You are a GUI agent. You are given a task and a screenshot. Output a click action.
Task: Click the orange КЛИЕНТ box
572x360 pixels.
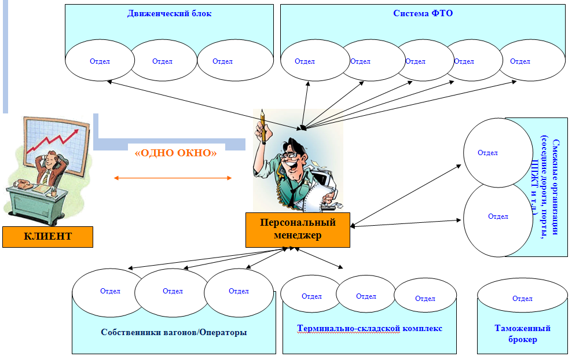47,236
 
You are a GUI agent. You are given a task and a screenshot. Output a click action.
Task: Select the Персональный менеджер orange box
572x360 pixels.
298,229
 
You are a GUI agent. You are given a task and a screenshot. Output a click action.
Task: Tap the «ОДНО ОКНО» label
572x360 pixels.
175,153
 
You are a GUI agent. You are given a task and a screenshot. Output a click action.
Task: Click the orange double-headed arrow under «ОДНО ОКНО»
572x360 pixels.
173,178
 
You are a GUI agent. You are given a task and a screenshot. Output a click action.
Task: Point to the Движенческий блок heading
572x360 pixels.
169,13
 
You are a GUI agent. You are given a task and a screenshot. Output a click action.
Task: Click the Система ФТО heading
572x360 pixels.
423,13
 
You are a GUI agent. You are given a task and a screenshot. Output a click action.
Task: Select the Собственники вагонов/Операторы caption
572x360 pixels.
174,332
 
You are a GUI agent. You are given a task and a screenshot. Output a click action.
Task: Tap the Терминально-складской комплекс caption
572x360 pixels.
369,328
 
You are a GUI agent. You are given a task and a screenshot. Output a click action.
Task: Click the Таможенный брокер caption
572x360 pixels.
522,333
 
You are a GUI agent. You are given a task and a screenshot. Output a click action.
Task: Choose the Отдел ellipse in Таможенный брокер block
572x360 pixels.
522,299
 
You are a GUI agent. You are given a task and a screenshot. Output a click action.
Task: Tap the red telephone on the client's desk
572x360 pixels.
24,184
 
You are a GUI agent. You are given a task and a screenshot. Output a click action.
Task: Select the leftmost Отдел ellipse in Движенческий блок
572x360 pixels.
100,61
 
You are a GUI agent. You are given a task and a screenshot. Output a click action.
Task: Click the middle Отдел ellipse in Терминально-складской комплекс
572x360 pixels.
366,296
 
